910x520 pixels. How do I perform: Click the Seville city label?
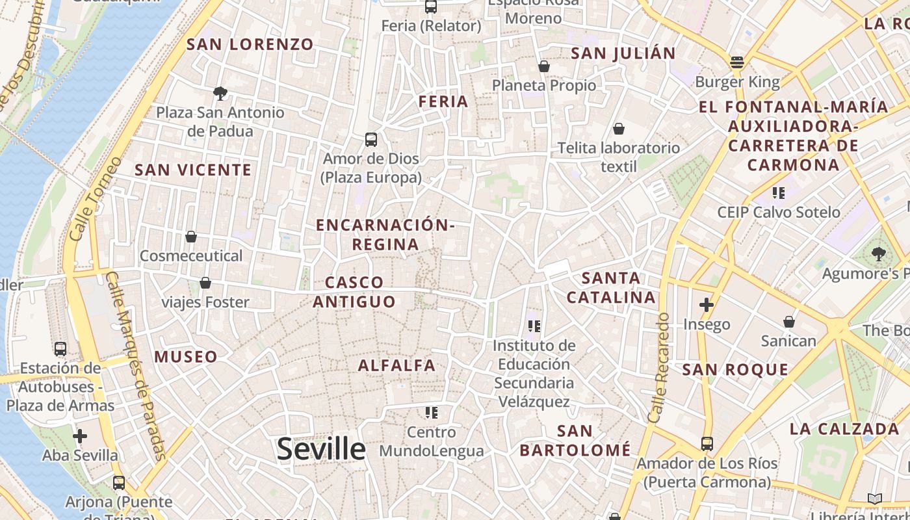click(x=321, y=449)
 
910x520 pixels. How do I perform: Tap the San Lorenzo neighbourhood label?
click(x=250, y=44)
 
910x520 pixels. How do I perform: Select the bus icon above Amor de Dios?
click(x=371, y=139)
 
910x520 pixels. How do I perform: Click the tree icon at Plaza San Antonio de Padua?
click(x=220, y=93)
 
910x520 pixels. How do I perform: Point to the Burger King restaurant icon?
click(x=737, y=62)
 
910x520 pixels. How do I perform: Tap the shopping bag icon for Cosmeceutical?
click(x=191, y=237)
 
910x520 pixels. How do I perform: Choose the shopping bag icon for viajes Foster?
click(x=205, y=283)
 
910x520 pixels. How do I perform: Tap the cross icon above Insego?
click(x=707, y=304)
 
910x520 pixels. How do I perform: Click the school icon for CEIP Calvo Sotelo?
click(x=779, y=192)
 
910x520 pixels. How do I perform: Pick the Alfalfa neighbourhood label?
click(x=396, y=365)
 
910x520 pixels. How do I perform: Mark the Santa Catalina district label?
click(x=610, y=288)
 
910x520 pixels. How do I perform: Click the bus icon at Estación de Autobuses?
click(x=60, y=348)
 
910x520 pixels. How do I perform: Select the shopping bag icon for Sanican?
click(x=789, y=322)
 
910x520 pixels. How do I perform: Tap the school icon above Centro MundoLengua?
click(x=432, y=412)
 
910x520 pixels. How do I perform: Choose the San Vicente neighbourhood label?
click(x=192, y=170)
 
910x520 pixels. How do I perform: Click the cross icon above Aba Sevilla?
click(x=80, y=435)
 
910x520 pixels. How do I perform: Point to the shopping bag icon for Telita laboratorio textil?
click(x=619, y=129)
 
